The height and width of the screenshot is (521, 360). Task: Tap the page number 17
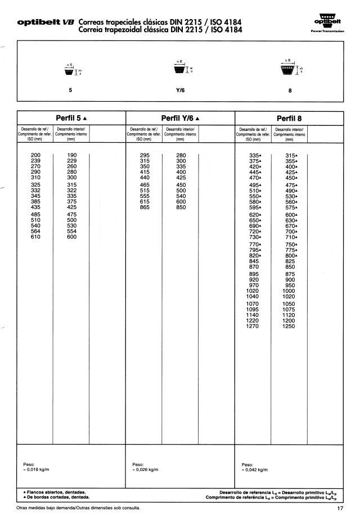click(340, 509)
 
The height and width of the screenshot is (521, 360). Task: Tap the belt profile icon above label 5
click(70, 70)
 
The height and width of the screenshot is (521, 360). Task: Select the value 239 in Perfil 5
click(35, 161)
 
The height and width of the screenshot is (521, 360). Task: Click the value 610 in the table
click(35, 237)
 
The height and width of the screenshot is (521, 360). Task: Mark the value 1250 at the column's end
click(289, 326)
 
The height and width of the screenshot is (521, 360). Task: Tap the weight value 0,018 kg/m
click(37, 469)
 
